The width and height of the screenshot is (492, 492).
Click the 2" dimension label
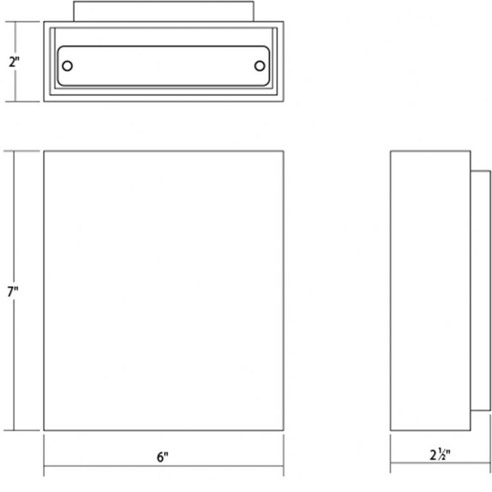pos(14,62)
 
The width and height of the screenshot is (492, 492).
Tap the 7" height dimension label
pos(13,292)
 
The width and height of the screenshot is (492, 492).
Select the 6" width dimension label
pos(162,457)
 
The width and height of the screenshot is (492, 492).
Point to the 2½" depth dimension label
pos(440,455)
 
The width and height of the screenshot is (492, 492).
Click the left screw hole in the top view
pos(67,66)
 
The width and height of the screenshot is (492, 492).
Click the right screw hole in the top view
pos(259,66)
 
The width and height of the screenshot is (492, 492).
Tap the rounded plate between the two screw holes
pos(163,66)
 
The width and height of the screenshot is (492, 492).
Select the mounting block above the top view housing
pos(163,11)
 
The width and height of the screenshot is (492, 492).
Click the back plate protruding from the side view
pos(480,291)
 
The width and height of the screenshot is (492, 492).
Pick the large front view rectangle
pos(163,291)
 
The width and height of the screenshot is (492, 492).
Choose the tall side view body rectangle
pos(430,291)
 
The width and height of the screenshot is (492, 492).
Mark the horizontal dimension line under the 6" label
pos(163,466)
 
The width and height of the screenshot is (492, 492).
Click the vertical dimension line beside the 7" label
pos(13,291)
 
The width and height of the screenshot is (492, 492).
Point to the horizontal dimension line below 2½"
pos(440,463)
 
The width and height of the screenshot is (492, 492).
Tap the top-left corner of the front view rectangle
pos(44,151)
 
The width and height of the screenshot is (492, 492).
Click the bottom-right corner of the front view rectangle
pos(284,430)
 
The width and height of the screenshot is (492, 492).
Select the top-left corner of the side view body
pos(390,151)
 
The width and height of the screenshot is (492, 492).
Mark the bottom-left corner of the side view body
pos(390,430)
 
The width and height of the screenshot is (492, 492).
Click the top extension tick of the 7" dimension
pos(21,151)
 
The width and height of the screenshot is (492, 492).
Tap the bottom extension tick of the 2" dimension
pos(23,101)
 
